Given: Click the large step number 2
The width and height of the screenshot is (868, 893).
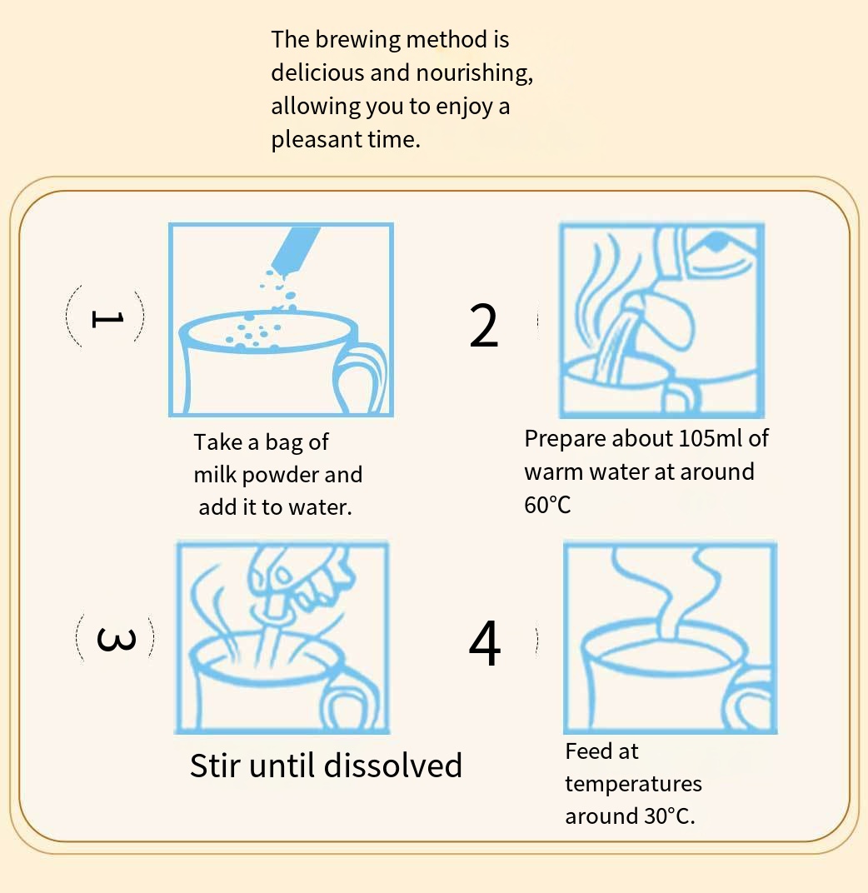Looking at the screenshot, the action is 483,325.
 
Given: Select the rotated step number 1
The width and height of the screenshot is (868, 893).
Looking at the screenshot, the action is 107,319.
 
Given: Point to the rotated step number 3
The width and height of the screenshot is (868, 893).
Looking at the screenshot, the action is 117,639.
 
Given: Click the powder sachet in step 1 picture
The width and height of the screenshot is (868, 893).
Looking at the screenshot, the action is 295,251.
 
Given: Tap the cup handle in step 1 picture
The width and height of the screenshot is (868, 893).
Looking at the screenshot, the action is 360,378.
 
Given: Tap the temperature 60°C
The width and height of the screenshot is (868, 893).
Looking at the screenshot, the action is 547,505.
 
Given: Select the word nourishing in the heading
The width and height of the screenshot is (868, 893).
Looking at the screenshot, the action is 475,73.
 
